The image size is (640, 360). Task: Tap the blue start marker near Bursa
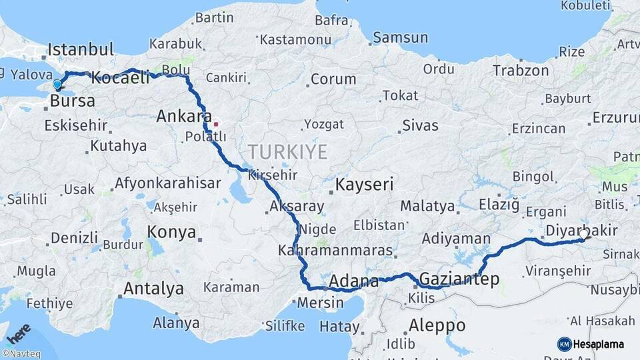point(57,85)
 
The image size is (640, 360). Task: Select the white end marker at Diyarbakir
point(583,235)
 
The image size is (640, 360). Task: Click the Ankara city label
point(184,117)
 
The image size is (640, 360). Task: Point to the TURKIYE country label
point(287,152)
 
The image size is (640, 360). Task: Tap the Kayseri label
point(365,184)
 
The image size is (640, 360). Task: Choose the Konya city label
point(172,233)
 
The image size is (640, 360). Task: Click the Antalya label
point(153,289)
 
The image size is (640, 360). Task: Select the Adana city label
point(354,280)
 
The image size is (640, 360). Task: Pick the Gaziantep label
point(460,279)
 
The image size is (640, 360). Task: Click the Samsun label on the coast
point(400,38)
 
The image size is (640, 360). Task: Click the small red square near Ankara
point(215,124)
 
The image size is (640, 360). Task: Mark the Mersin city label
point(320,302)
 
